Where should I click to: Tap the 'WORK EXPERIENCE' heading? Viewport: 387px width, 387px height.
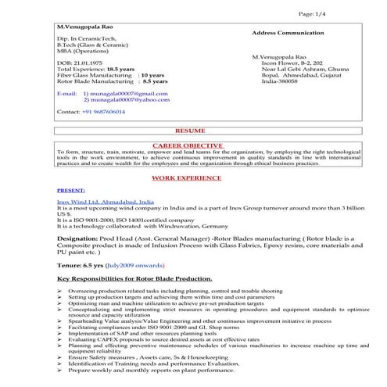188,178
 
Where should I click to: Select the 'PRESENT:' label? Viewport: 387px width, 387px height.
70,190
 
